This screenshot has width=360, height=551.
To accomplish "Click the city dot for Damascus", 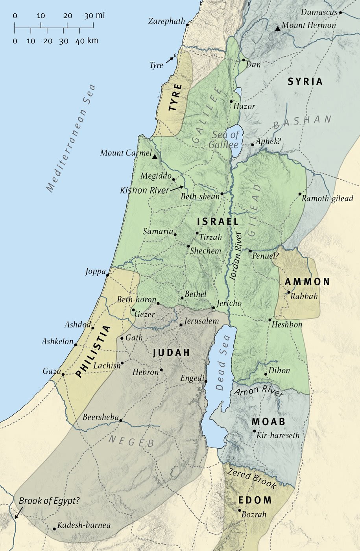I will [340, 12].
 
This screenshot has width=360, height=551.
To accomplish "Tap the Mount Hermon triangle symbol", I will [278, 28].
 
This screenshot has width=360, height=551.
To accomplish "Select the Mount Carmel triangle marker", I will [155, 157].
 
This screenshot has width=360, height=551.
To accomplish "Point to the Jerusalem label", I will [201, 321].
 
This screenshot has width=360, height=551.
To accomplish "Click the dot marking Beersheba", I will [120, 420].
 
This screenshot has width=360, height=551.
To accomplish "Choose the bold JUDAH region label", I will [171, 353].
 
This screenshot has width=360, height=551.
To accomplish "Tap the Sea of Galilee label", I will [225, 140].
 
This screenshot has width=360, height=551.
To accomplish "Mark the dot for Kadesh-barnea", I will [54, 529].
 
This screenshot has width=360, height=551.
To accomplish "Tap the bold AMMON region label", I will [307, 282].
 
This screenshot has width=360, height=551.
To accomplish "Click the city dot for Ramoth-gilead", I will [300, 194].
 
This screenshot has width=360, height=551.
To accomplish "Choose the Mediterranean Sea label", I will [71, 138].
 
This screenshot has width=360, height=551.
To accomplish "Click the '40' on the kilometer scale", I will [80, 41].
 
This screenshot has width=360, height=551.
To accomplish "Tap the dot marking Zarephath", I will [187, 24].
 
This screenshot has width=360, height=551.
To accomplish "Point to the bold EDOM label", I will [255, 500].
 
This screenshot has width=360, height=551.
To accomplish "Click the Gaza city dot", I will [63, 374].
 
